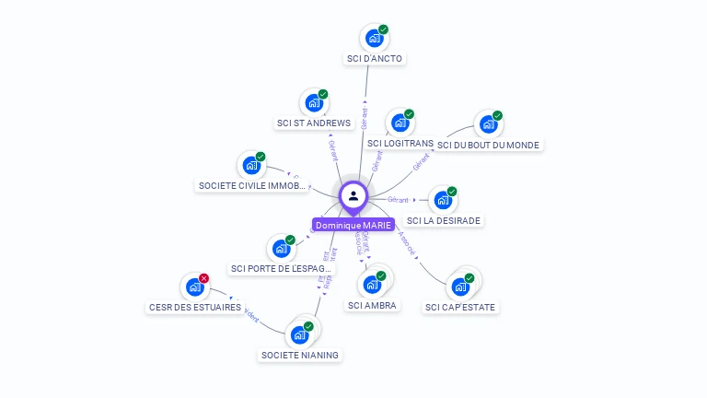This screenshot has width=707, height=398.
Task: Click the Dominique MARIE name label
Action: [x=353, y=225]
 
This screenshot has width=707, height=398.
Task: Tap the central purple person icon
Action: [x=353, y=195]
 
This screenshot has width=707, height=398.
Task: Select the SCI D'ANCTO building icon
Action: [x=374, y=38]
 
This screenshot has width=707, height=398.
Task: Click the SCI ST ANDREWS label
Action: [x=314, y=123]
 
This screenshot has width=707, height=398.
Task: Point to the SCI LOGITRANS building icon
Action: [x=400, y=123]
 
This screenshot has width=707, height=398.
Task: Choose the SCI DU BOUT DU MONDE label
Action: [x=488, y=145]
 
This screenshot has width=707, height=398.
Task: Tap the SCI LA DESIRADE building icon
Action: [x=443, y=200]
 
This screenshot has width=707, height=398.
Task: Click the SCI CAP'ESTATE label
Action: [x=461, y=307]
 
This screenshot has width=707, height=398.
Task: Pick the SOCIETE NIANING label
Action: [x=300, y=355]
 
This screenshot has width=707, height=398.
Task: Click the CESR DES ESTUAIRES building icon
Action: [x=194, y=287]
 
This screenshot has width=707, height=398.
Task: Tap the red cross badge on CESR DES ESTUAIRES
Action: [x=204, y=278]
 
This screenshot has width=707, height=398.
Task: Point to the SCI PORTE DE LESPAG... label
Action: [x=278, y=269]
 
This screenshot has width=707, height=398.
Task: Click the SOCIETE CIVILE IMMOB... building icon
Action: [x=250, y=166]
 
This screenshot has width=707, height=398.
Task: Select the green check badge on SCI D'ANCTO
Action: [x=384, y=29]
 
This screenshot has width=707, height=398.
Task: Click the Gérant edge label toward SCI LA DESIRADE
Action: [x=399, y=199]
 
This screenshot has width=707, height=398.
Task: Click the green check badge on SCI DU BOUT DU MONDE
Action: [x=497, y=116]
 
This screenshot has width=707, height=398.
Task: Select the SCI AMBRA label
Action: [x=373, y=305]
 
